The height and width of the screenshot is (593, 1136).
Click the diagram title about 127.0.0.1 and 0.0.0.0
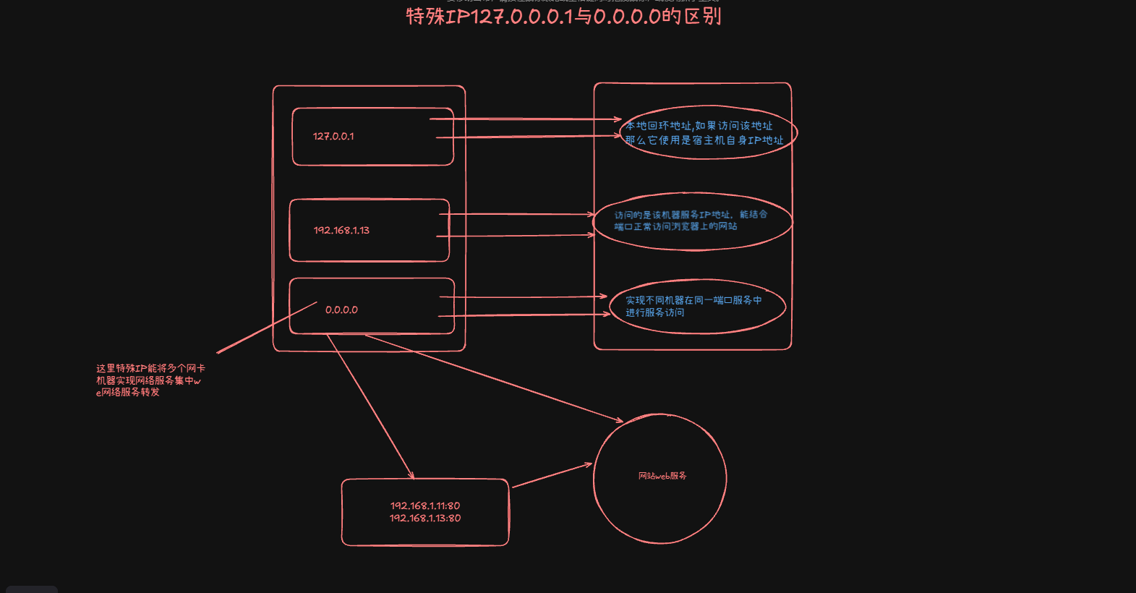pos(563,16)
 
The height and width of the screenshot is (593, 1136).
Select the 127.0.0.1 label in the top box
pos(333,136)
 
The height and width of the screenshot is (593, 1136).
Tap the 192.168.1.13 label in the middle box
pos(341,230)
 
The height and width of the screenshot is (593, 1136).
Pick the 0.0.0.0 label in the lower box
pos(341,310)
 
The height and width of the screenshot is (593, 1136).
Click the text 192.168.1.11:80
pos(425,505)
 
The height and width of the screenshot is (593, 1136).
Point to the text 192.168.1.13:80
pos(425,518)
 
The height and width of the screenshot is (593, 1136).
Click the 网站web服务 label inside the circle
pos(662,476)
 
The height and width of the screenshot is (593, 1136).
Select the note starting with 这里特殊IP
pos(150,380)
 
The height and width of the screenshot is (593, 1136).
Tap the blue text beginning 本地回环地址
pos(699,126)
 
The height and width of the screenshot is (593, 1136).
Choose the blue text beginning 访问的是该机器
pos(691,215)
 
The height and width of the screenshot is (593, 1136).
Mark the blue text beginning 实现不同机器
pos(693,300)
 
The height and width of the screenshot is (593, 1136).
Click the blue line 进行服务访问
pos(654,312)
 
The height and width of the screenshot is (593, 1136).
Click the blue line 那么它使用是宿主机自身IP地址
pos(704,140)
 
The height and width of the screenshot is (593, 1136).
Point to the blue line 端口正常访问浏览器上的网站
pos(675,226)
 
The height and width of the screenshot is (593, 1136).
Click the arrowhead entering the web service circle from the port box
pos(588,465)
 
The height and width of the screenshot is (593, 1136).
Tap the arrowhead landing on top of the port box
pos(411,476)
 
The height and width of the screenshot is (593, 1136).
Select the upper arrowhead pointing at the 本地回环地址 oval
pos(618,119)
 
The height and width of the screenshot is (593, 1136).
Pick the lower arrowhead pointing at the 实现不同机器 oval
pos(607,314)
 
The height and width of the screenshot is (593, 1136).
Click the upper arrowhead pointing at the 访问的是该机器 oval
pos(591,215)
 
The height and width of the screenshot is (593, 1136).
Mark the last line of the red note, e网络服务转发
pos(128,392)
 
